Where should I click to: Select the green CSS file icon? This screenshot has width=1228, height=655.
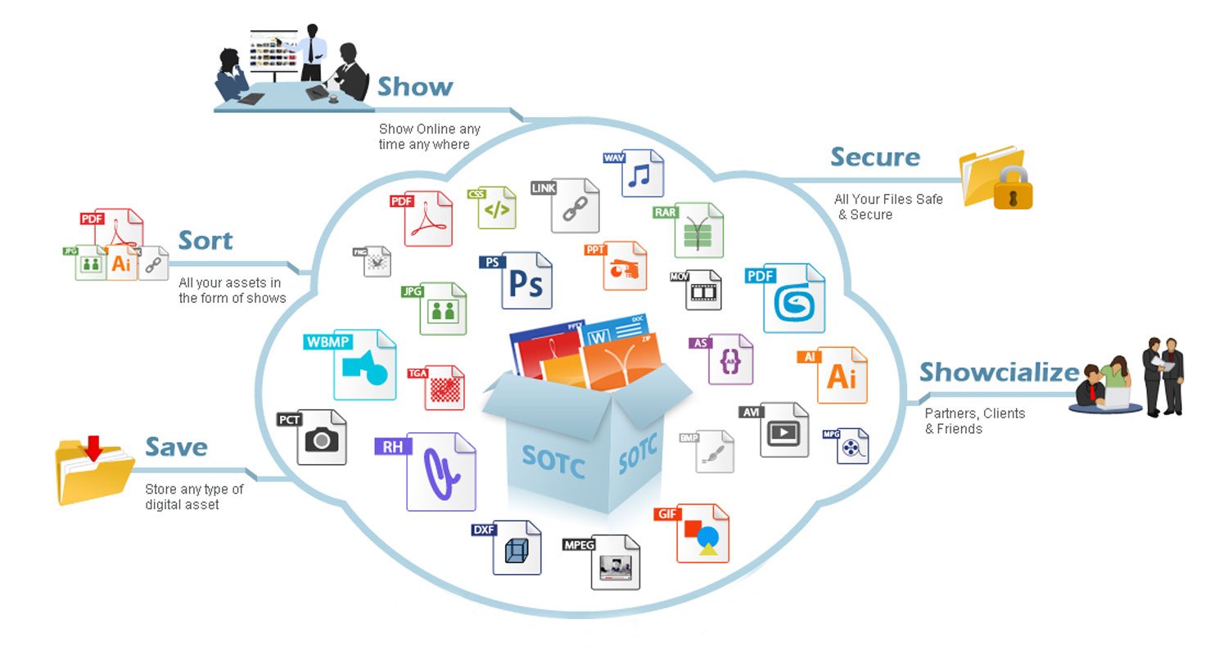[x=496, y=208]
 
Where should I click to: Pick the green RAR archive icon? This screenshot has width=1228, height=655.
[x=698, y=231]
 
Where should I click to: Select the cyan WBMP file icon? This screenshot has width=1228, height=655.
[x=363, y=364]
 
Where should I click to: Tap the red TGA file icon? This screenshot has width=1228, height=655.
[x=444, y=387]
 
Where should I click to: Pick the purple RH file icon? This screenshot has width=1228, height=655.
[x=440, y=472]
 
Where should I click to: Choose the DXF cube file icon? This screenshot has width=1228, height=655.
[x=516, y=548]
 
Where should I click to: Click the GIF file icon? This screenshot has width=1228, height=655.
[x=702, y=534]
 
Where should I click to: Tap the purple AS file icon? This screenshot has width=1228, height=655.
[x=729, y=359]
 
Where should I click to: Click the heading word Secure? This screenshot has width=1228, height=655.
[x=874, y=157]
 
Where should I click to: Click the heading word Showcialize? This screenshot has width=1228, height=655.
[x=999, y=373]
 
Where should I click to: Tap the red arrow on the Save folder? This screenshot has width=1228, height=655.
[x=94, y=449]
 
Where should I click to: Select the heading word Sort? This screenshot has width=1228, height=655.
[x=205, y=241]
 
